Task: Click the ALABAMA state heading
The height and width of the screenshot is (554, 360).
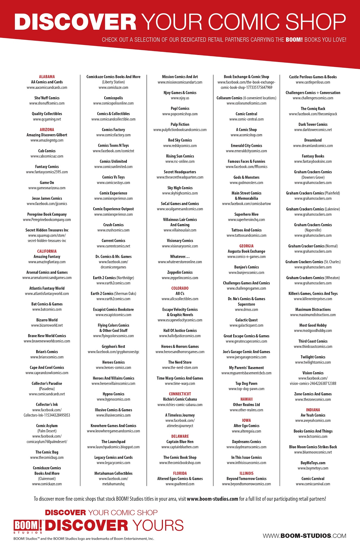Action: tap(47, 77)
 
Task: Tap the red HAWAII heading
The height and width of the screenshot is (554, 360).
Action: tap(246, 399)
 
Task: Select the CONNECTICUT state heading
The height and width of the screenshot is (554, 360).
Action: tap(180, 394)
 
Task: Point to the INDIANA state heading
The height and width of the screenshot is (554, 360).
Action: tap(313, 410)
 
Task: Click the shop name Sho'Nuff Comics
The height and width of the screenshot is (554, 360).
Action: tap(47, 98)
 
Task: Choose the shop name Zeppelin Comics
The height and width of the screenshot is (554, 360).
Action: tap(180, 272)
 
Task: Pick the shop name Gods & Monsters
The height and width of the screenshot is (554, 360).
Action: tap(246, 177)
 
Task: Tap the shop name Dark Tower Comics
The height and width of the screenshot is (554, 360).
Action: tap(313, 124)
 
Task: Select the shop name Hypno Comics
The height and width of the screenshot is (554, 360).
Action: tap(113, 394)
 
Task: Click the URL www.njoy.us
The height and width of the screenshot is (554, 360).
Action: tap(180, 98)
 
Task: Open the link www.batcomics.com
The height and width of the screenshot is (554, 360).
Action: tap(47, 309)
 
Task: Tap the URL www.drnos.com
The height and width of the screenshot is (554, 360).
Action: tap(246, 309)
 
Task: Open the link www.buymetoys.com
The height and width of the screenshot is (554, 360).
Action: tap(313, 468)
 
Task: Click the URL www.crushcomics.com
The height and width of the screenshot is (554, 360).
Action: tap(113, 230)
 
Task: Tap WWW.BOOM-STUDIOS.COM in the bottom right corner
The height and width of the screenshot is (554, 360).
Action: tap(304, 536)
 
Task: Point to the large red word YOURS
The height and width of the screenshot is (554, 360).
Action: tap(158, 525)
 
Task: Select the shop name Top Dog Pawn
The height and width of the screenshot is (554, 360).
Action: tap(246, 383)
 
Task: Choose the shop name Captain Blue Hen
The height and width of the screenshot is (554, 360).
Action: tap(180, 441)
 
